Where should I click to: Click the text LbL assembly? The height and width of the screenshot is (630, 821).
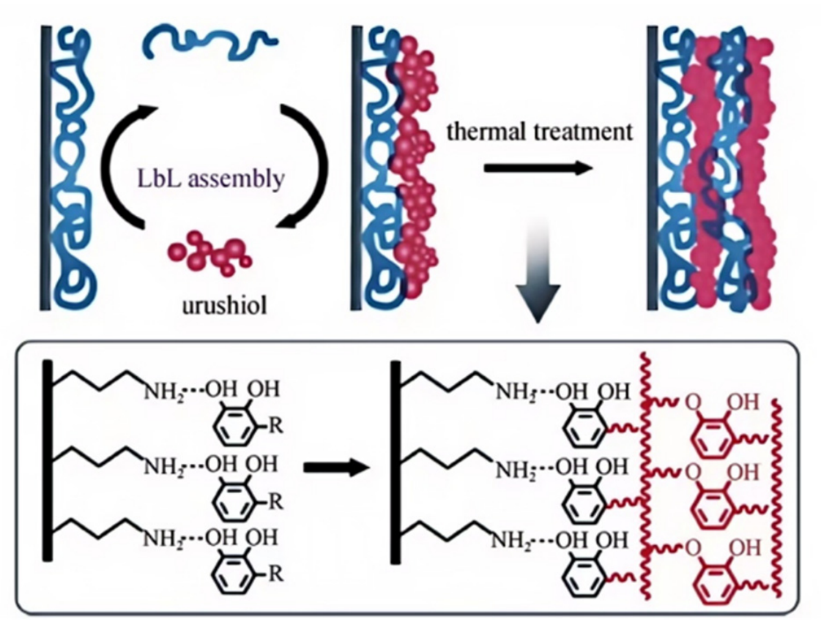point(211,179)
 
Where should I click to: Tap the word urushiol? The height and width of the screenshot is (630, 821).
point(224,305)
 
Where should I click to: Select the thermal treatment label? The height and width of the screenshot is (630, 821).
point(540,131)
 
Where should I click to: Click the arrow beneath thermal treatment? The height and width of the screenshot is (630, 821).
point(538,168)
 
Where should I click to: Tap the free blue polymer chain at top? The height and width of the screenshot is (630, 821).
point(209,42)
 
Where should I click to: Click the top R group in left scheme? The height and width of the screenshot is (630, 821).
point(275,425)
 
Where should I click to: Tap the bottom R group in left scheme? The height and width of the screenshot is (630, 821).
point(275,574)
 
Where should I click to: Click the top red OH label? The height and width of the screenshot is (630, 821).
point(743,402)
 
